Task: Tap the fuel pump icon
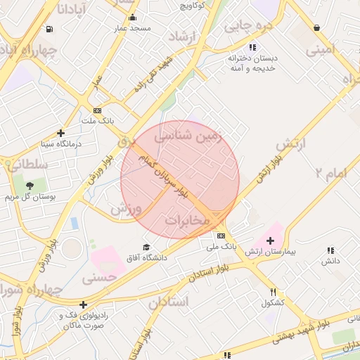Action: point(49,29)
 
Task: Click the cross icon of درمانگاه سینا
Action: point(61,133)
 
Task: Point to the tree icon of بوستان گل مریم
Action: point(30,186)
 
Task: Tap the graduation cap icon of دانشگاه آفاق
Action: point(146,247)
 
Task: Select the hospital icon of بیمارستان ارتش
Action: point(271,240)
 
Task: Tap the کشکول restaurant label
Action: point(272,303)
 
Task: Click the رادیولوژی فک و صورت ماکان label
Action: point(84,320)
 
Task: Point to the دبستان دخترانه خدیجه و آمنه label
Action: point(251,63)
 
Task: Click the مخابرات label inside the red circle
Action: point(188,221)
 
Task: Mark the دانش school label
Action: point(330,261)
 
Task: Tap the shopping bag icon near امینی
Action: point(316,28)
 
